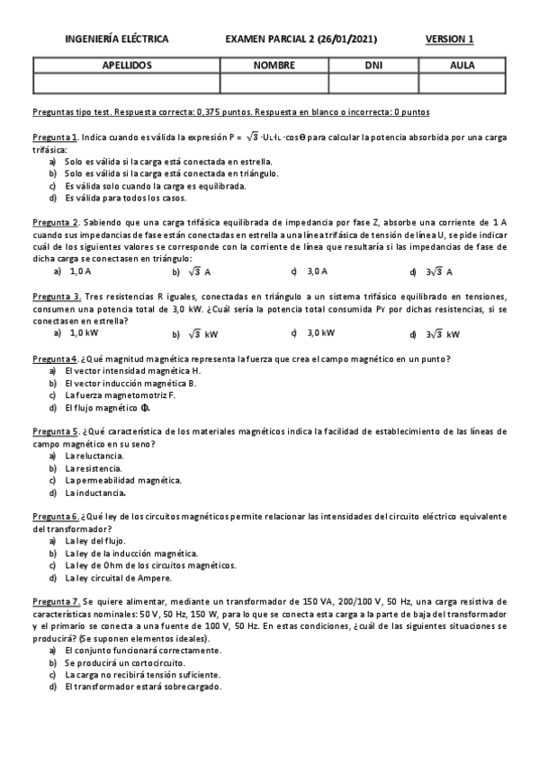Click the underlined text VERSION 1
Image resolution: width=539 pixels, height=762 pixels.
click(449, 40)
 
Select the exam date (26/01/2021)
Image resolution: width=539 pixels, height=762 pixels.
click(340, 40)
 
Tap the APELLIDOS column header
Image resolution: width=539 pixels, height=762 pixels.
click(127, 66)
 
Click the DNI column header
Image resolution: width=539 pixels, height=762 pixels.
click(373, 66)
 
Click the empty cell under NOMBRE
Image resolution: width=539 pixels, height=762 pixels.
click(274, 83)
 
